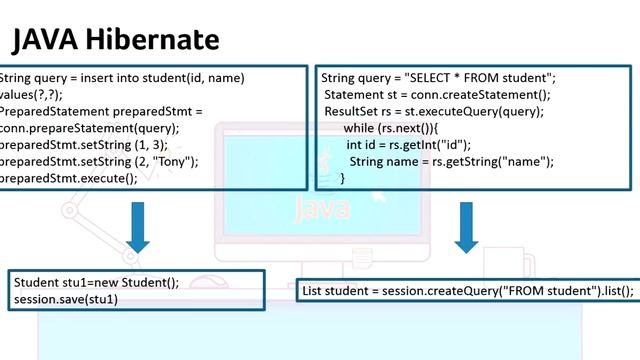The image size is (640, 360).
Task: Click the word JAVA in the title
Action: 43,40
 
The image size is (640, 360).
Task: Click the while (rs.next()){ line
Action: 397,128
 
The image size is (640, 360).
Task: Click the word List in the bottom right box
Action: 314,291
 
